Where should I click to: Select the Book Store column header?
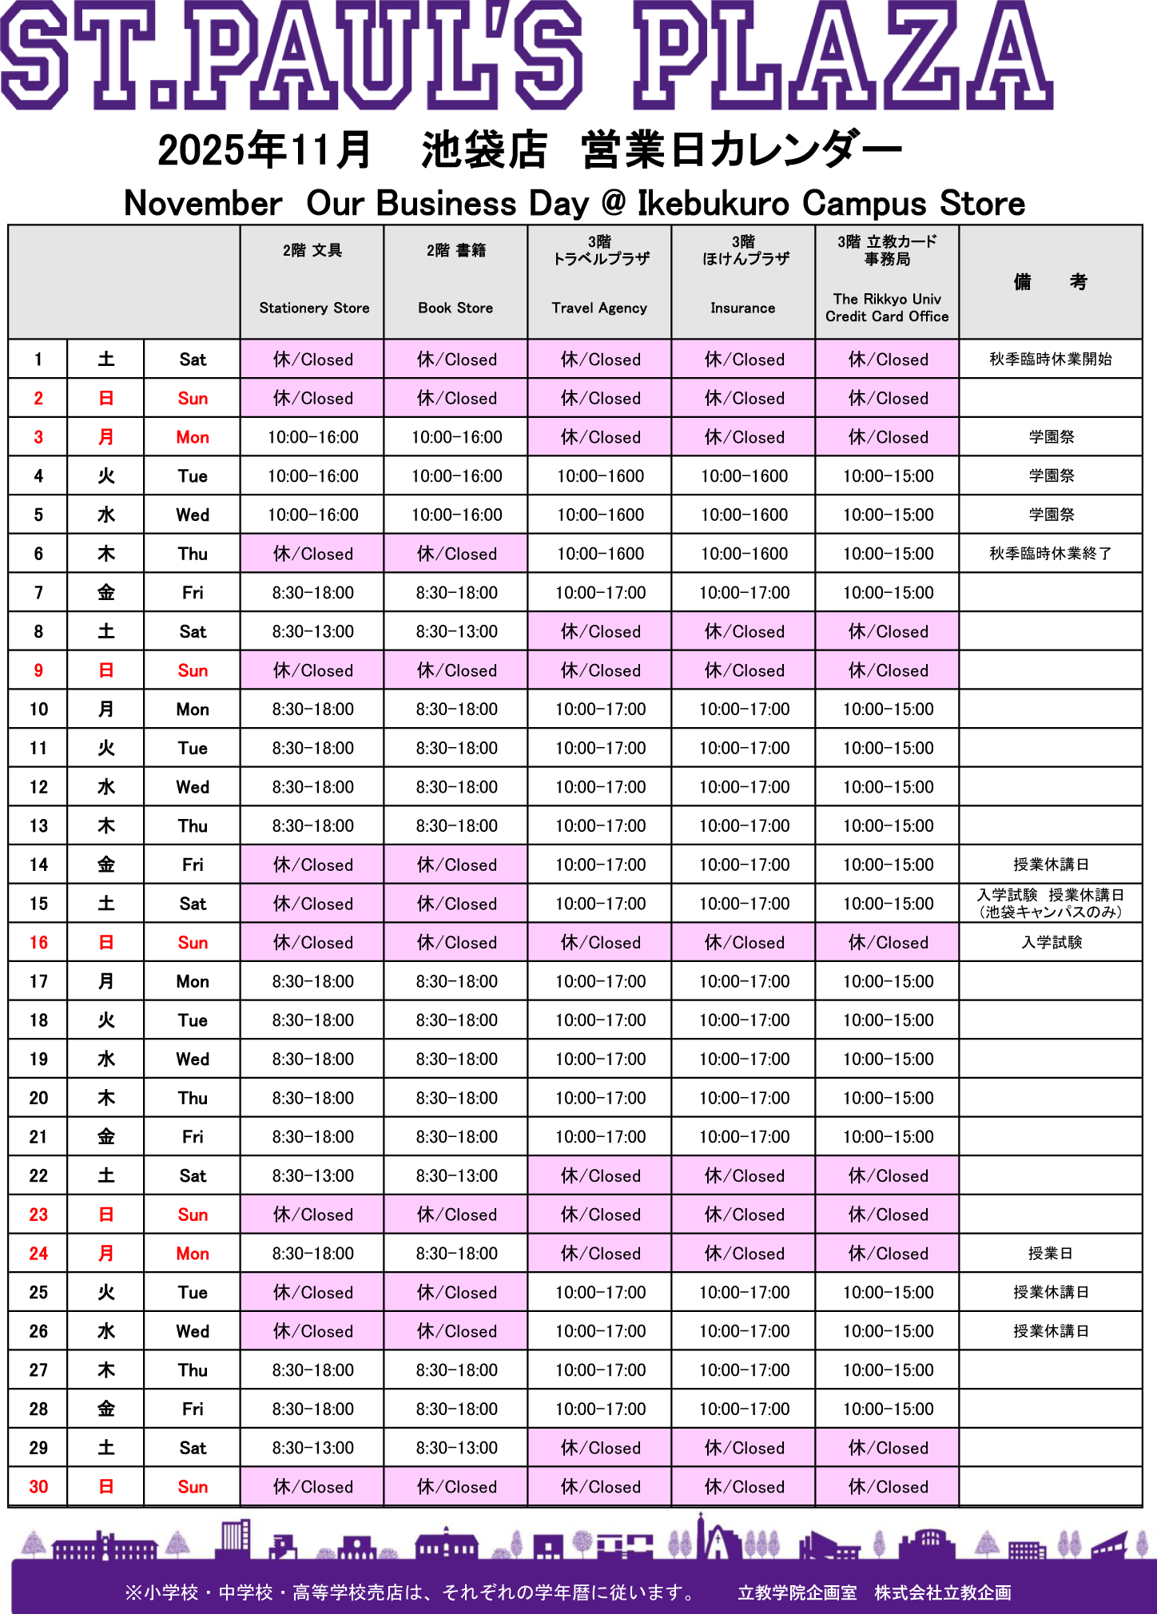click(455, 281)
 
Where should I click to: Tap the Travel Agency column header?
click(599, 281)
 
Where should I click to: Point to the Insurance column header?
click(743, 281)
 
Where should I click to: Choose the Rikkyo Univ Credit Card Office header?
click(887, 281)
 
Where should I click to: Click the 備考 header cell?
click(1050, 281)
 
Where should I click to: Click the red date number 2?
click(38, 399)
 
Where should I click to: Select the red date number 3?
click(38, 437)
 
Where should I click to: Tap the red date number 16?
click(38, 943)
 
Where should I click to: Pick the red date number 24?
click(38, 1254)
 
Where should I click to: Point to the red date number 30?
click(38, 1487)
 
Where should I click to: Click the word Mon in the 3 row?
click(193, 438)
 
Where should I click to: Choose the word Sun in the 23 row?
click(193, 1215)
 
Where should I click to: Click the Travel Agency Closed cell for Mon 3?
click(599, 437)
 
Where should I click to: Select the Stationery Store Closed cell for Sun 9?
click(312, 670)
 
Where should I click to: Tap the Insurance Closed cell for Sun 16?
click(743, 943)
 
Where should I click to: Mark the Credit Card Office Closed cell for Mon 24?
click(887, 1254)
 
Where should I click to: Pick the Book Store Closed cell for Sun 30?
click(455, 1487)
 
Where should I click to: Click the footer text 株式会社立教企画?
click(943, 1592)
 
